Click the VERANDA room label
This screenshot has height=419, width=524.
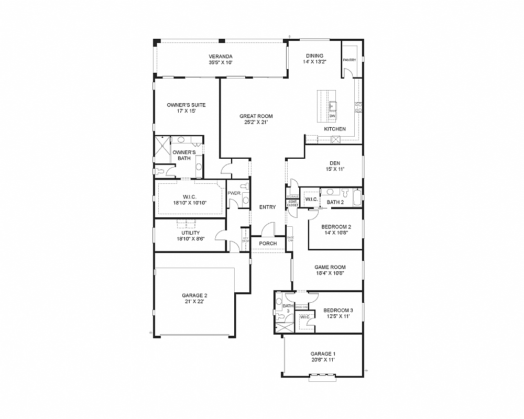click(x=220, y=57)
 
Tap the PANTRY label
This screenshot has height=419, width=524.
click(x=350, y=60)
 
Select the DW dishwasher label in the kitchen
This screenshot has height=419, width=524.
click(x=332, y=116)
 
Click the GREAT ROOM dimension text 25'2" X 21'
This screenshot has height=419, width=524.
click(x=256, y=123)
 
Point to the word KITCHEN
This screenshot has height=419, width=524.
click(x=335, y=129)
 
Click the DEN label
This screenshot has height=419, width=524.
click(x=335, y=163)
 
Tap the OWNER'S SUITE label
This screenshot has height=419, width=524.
click(x=186, y=105)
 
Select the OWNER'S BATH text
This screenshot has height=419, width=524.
click(x=184, y=155)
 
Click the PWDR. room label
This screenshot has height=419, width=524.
click(x=234, y=193)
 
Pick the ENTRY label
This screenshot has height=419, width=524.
click(x=267, y=207)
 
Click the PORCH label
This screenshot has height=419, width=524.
click(x=268, y=244)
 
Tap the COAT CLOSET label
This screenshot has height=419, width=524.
click(x=292, y=204)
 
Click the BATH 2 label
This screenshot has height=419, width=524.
click(x=335, y=202)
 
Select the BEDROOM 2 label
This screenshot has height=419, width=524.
click(x=336, y=227)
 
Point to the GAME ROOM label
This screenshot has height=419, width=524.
click(x=330, y=267)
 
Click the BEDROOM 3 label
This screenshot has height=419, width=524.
click(x=337, y=310)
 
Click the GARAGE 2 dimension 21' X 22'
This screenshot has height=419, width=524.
click(x=195, y=302)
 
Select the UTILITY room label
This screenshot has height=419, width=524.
click(x=190, y=233)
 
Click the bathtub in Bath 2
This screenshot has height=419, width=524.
click(x=357, y=198)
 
